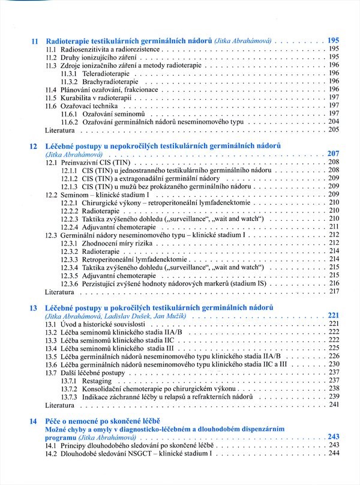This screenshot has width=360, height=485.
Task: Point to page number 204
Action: (x=334, y=121)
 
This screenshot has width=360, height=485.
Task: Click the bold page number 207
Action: (x=334, y=154)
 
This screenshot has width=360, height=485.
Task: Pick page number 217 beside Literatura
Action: (x=334, y=291)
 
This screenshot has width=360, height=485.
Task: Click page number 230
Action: (x=334, y=364)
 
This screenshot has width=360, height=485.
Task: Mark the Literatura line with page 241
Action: (x=60, y=405)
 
